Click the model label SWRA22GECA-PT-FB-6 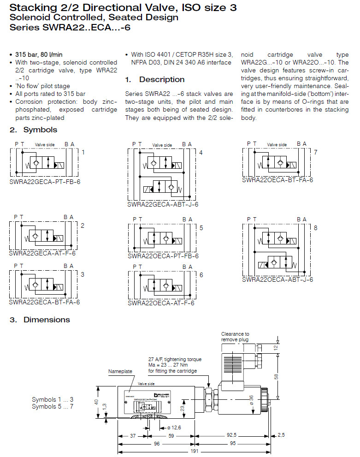coord(45,182)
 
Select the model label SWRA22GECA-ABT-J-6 coord(163,204)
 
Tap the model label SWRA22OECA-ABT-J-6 coord(277,279)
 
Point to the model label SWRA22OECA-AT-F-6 coord(161,303)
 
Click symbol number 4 coord(201,152)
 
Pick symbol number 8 coord(315,228)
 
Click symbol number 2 coord(83,226)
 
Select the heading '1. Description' coord(155,79)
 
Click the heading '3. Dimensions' coord(40,320)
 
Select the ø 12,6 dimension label coord(173,427)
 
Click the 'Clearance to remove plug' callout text coord(235,337)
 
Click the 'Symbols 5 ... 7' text coord(53,406)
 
